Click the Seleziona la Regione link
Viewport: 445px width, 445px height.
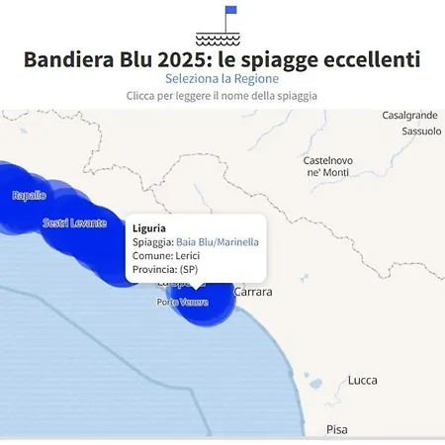[222, 78]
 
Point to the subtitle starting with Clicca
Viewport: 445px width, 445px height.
[222, 96]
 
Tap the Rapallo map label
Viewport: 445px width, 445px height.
[29, 196]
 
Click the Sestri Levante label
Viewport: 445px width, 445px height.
[74, 223]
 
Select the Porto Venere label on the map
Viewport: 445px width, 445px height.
[182, 302]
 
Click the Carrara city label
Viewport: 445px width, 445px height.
[252, 293]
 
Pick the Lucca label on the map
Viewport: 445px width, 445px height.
[363, 381]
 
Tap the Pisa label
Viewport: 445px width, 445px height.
[336, 430]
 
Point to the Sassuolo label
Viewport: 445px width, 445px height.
[421, 131]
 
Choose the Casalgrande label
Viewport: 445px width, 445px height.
[409, 116]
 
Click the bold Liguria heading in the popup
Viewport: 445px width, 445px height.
[148, 228]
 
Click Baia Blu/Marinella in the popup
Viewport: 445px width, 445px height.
[218, 242]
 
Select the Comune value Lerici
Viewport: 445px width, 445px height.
[187, 256]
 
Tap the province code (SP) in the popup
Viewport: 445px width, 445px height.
[188, 269]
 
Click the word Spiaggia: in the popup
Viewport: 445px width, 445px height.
[152, 242]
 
